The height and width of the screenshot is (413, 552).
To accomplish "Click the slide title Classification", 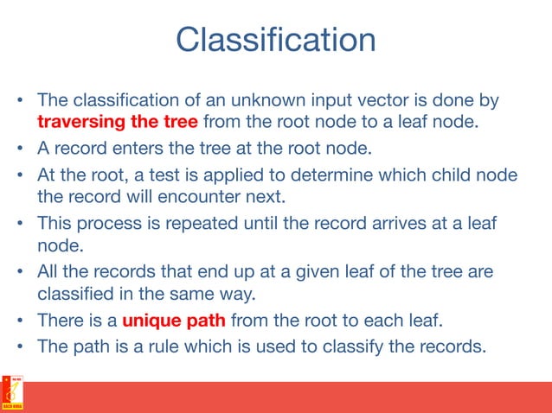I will click(275, 41).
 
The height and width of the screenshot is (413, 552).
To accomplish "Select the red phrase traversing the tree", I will click(117, 122).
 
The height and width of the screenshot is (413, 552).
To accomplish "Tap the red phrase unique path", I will click(174, 321).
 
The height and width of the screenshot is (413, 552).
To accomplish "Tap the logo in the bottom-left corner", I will click(12, 395).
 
